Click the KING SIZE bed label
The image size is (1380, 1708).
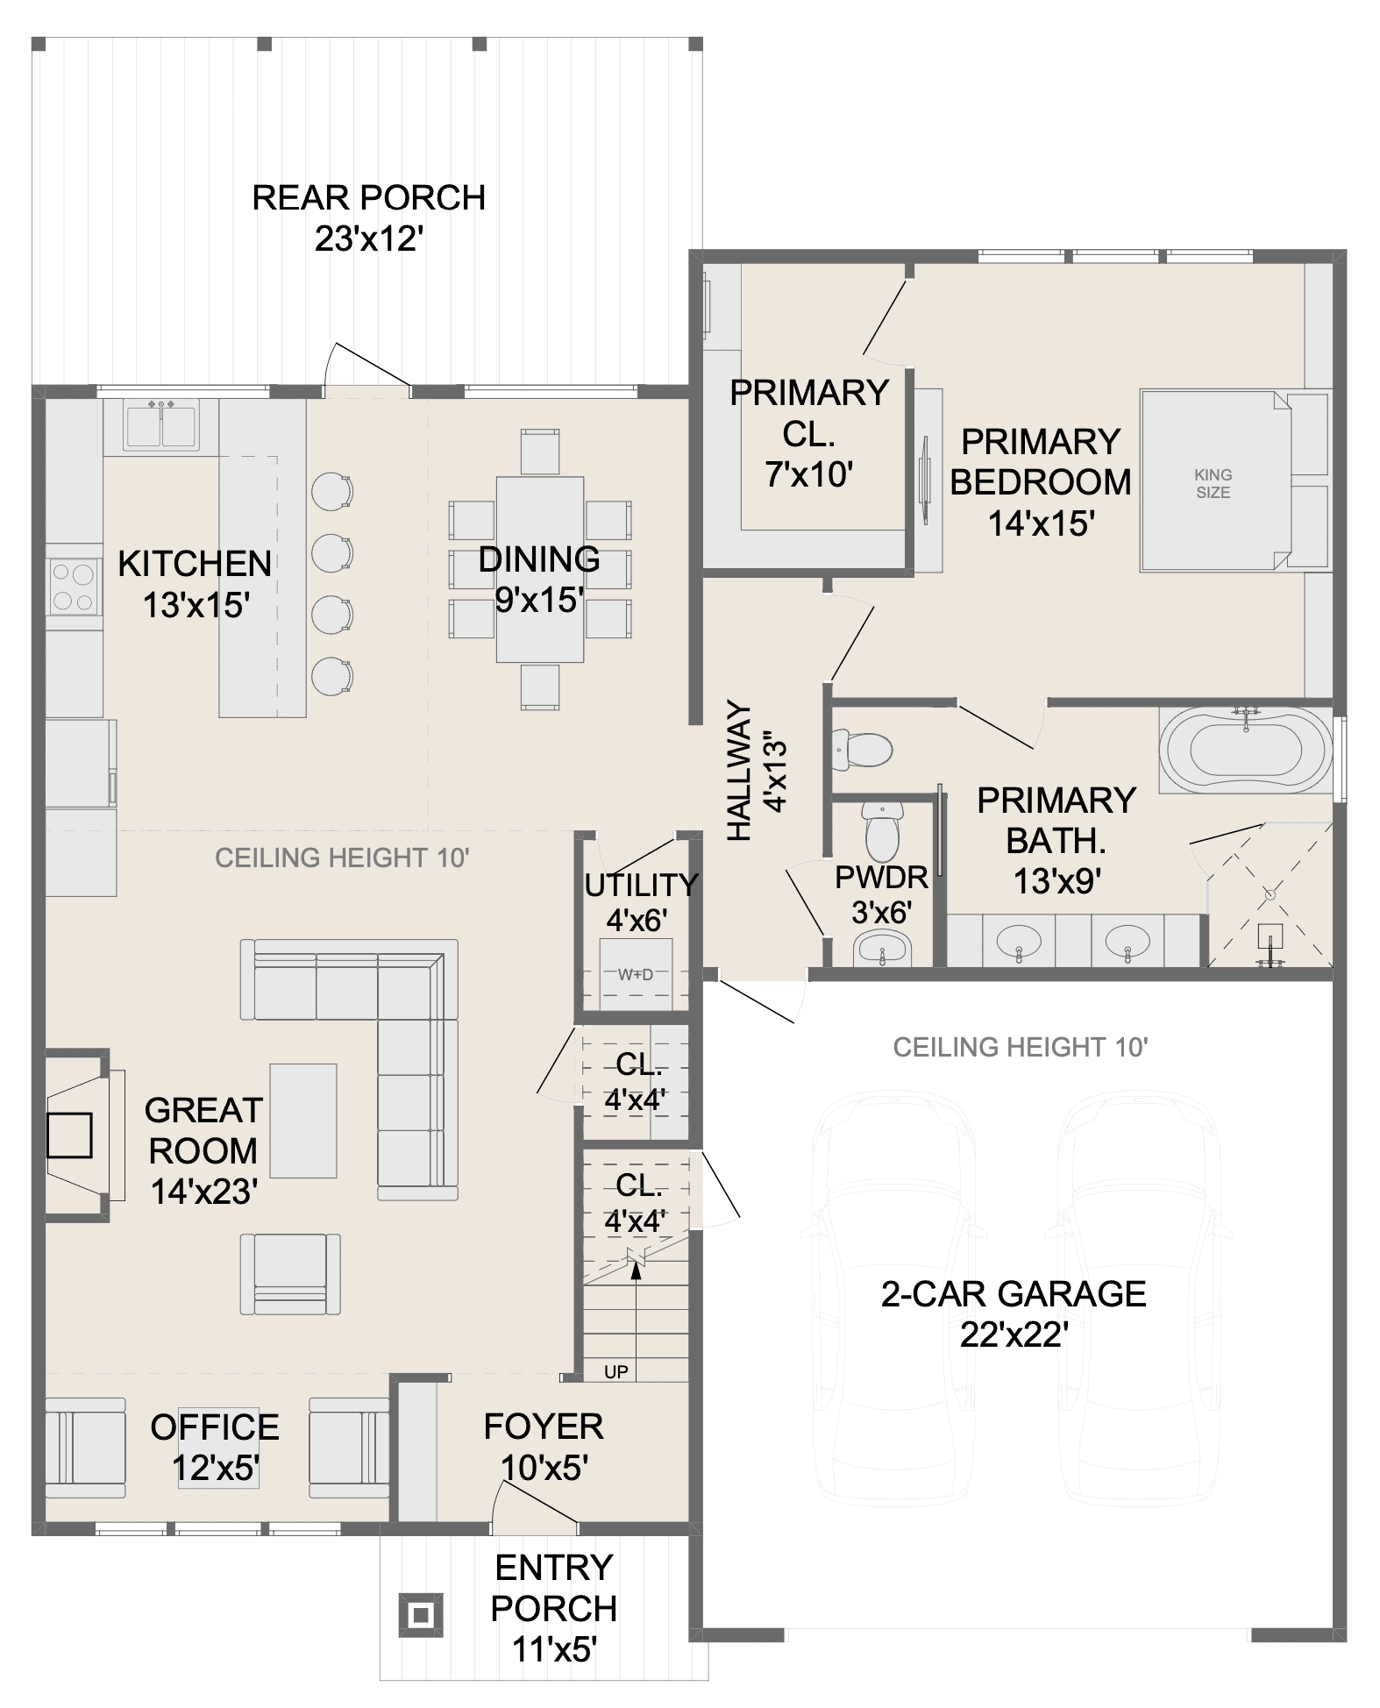click(1213, 483)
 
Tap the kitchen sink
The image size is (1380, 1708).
click(160, 425)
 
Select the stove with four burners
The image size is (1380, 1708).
click(74, 587)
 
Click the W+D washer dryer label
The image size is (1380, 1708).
click(636, 974)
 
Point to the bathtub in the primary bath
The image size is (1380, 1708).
click(1246, 750)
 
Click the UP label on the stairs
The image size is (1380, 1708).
click(616, 1371)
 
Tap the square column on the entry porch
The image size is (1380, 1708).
click(421, 1614)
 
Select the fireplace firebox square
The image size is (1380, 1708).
click(69, 1135)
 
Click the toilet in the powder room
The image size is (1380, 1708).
click(882, 829)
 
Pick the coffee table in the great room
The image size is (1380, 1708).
click(302, 1120)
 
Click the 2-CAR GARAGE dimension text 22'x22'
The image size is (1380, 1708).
click(1014, 1335)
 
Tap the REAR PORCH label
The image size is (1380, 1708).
click(368, 197)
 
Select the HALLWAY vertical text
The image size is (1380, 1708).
click(740, 771)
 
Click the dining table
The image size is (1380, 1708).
click(540, 569)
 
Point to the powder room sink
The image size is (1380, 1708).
click(883, 949)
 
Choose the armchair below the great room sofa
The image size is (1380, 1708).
click(290, 1273)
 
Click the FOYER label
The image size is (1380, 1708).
click(544, 1427)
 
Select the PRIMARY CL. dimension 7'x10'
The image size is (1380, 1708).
click(808, 474)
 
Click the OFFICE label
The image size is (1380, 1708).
click(215, 1427)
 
